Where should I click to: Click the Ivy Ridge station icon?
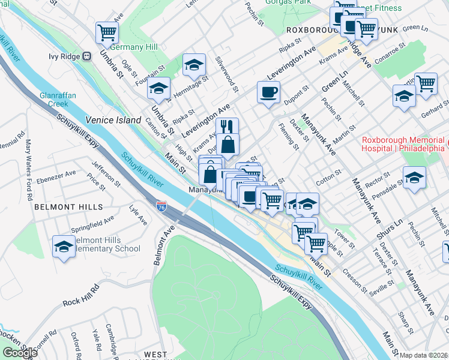[x=87, y=57]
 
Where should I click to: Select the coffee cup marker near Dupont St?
[x=268, y=92]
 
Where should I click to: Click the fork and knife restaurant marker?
[x=227, y=127]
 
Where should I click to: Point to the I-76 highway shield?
[x=161, y=206]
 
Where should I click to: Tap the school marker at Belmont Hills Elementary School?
[x=64, y=246]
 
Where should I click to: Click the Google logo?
[x=20, y=353]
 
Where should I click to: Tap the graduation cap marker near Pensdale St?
[x=414, y=177]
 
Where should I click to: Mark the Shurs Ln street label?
[x=394, y=224]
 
